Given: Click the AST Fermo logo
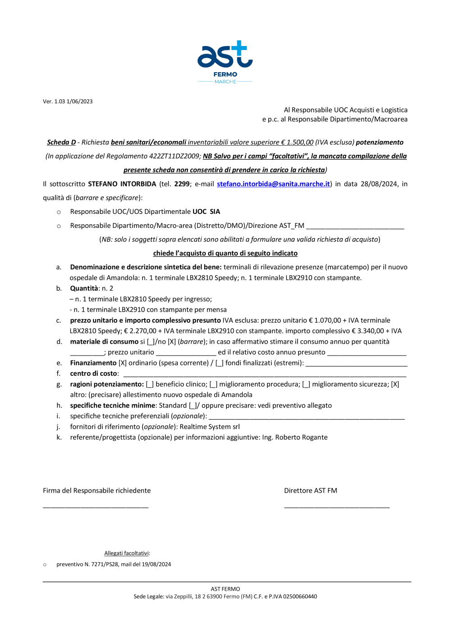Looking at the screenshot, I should point(225,62).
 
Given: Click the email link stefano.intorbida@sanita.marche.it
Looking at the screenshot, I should point(273,184).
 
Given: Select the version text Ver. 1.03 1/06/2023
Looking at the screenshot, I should point(68,102).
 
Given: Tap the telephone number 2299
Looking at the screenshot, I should point(182,184).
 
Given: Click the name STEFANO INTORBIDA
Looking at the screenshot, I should point(122,184).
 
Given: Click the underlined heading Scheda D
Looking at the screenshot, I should point(61,143).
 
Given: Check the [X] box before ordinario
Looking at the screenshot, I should point(123,363).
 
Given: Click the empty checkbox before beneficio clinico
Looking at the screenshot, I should point(150,384).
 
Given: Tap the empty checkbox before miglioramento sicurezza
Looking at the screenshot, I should point(306,384).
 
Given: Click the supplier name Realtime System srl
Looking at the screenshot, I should point(210,427).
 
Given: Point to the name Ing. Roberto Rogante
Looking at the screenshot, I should point(295,438).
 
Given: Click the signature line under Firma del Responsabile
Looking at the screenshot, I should point(96,507).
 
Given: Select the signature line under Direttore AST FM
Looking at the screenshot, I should point(337,507).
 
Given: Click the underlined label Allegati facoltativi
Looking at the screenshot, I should point(126,554).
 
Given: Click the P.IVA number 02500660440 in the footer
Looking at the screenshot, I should point(300,596).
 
